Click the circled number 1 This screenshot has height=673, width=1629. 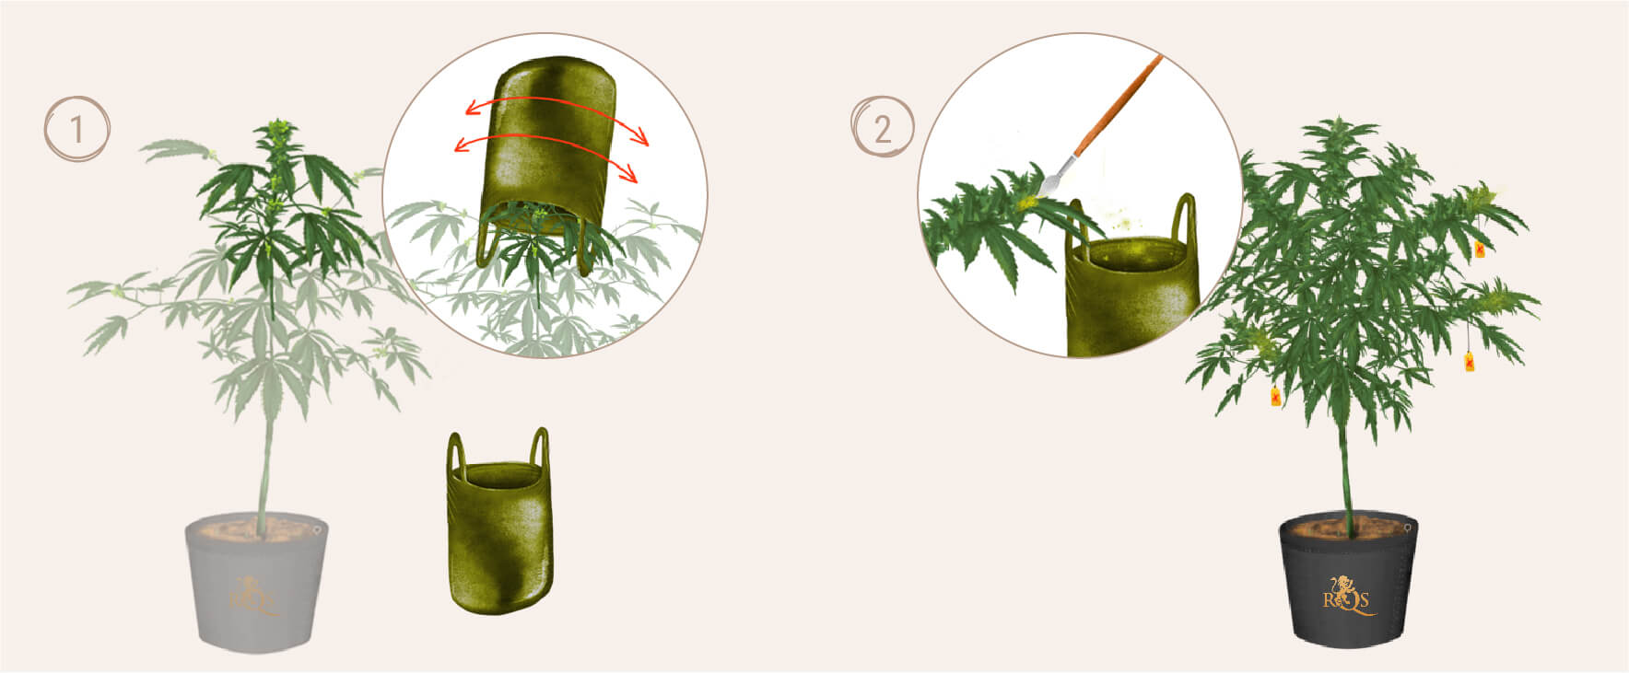(77, 129)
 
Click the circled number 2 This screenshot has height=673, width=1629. (882, 129)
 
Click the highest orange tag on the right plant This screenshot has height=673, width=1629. (1480, 249)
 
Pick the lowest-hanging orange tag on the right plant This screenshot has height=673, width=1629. (1276, 397)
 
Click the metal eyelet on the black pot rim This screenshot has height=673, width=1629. (1408, 527)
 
